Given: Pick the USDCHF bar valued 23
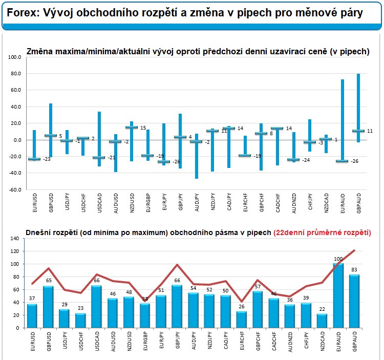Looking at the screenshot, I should coord(80,321).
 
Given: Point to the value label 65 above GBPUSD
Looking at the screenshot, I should coord(48,281).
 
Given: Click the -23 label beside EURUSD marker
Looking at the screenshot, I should coord(46,160).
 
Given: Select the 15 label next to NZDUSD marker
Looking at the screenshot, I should coord(143,128).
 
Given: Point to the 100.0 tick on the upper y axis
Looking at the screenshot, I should coord(14,57).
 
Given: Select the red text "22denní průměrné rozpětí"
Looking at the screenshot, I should coord(322,232).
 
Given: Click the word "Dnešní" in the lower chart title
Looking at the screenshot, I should coord(39,232).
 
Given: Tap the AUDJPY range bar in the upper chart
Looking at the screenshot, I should coord(196,156).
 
